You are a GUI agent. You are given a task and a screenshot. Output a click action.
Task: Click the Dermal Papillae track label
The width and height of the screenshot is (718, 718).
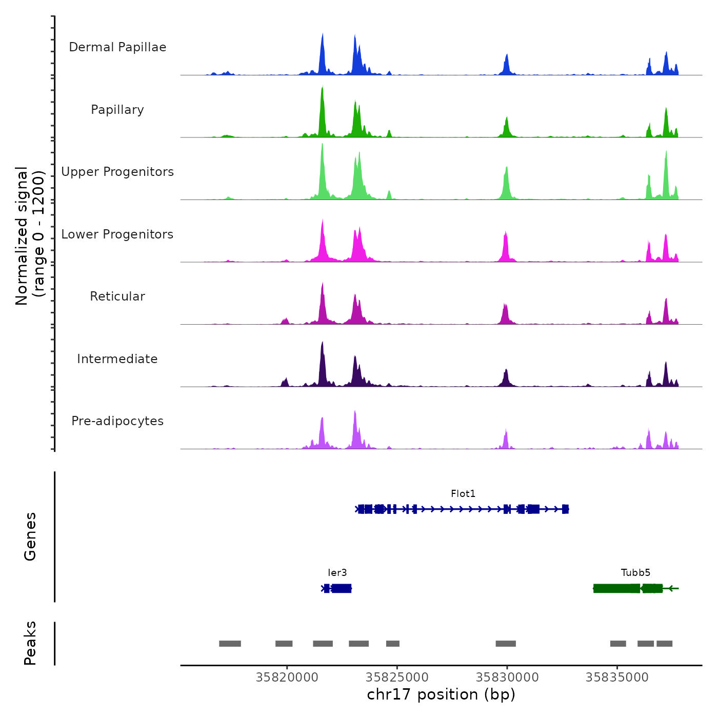point(117,47)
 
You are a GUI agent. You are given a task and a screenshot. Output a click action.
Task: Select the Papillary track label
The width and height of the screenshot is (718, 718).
point(117,110)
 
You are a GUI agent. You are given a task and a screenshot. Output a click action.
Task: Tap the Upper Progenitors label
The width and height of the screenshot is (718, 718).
point(117,172)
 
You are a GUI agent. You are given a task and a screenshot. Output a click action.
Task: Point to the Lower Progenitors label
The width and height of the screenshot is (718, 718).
point(117,234)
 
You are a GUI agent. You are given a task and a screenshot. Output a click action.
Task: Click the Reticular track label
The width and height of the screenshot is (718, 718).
point(117,296)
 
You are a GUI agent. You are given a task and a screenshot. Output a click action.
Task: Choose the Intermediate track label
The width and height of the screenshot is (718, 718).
point(117,359)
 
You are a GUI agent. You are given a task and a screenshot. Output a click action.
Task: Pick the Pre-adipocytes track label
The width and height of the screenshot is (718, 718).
point(117,421)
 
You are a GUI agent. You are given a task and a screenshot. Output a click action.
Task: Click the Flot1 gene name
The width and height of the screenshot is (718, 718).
point(463,494)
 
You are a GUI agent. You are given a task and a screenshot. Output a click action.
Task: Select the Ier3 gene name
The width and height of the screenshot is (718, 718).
point(337,573)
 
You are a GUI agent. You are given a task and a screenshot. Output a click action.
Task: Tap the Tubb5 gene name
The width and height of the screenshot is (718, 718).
point(635,573)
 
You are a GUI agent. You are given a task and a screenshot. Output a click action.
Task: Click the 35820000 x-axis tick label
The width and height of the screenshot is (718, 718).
point(287,677)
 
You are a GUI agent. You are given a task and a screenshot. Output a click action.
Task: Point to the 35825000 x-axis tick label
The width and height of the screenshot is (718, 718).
point(397,677)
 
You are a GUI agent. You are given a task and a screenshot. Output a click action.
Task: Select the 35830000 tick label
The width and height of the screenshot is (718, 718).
point(507,677)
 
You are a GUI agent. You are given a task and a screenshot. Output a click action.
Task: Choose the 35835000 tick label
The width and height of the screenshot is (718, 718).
point(617,677)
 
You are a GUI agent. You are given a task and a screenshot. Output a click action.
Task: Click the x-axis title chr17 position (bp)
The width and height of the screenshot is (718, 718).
point(441,694)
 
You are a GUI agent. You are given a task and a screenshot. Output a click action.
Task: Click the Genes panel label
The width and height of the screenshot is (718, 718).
point(30,536)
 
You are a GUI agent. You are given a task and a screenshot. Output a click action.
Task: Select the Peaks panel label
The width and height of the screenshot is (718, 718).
point(30,643)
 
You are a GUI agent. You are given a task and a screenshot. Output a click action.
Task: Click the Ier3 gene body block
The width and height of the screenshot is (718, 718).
point(341,588)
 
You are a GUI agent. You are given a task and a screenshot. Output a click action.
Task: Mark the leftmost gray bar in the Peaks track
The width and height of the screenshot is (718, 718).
point(230,644)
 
